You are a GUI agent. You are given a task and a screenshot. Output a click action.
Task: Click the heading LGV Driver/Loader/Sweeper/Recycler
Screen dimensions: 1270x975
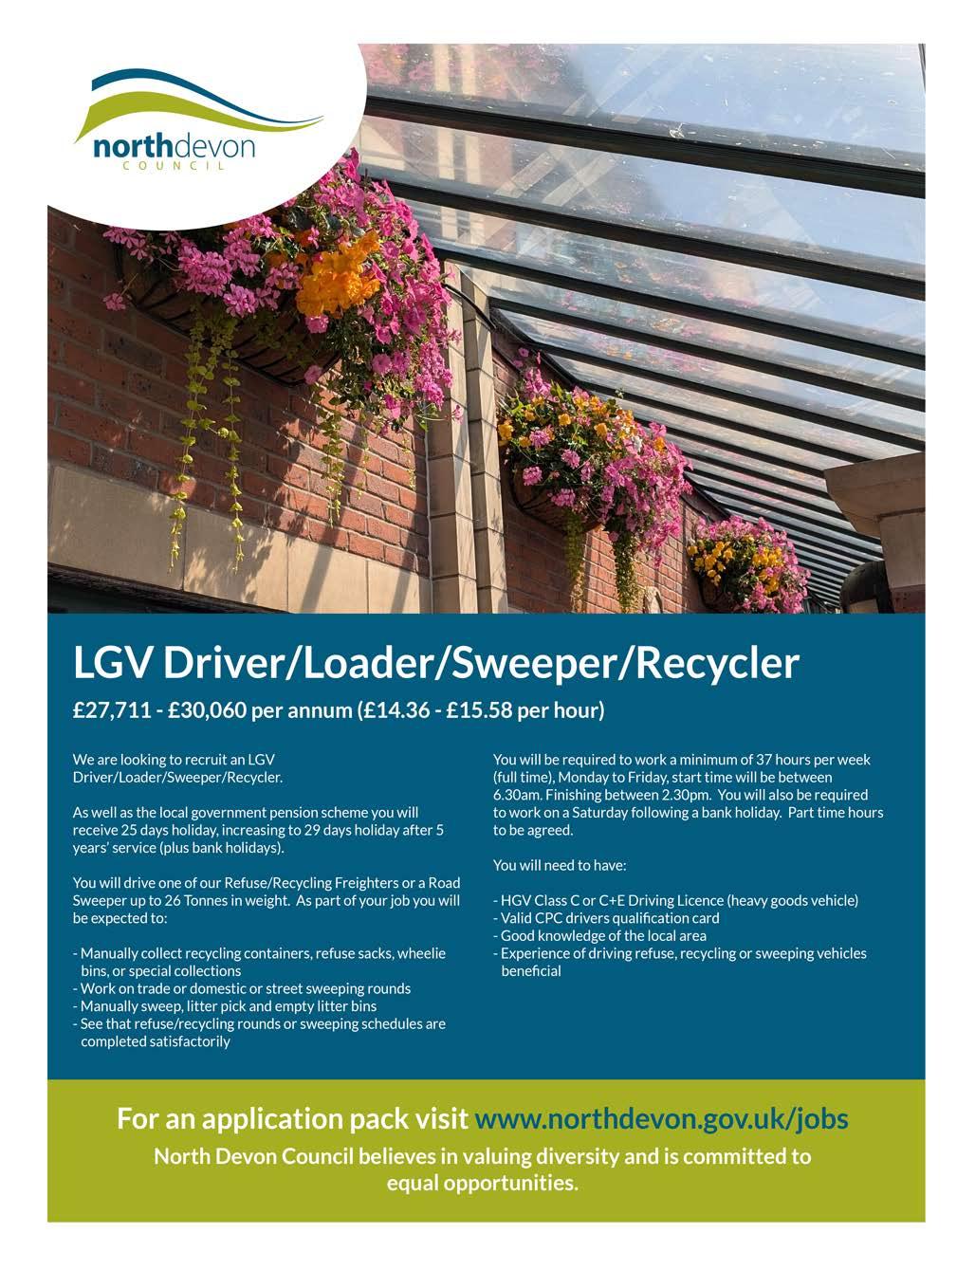point(436,663)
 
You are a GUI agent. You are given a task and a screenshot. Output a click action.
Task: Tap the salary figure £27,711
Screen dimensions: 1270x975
point(112,710)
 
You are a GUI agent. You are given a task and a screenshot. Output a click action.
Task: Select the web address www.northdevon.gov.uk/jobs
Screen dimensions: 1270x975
point(661,1118)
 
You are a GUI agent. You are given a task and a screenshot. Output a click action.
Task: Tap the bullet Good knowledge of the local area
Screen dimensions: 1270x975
point(603,935)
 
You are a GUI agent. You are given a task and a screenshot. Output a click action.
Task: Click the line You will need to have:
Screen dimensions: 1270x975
point(560,865)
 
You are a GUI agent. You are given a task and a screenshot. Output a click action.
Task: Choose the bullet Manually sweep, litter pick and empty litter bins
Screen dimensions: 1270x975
point(228,1005)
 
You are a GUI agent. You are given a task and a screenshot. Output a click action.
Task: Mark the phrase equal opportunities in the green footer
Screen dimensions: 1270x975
point(482,1184)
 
